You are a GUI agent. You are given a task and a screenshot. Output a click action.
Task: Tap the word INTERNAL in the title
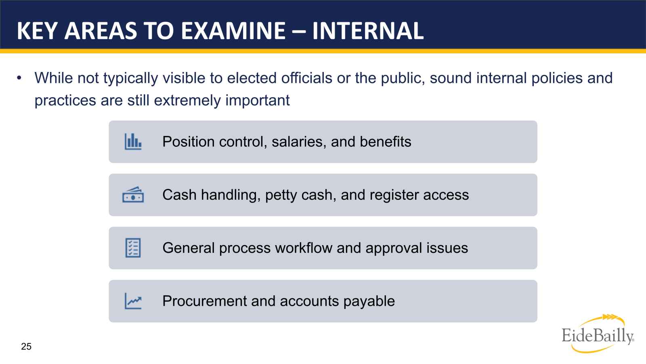[368, 31]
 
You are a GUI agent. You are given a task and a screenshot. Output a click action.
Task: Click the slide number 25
[26, 347]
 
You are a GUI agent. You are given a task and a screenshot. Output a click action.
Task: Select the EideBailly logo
[598, 335]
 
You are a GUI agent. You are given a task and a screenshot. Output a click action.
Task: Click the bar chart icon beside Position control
[133, 142]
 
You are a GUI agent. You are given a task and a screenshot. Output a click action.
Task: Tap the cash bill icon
[133, 195]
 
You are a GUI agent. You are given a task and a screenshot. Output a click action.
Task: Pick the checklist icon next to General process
[133, 248]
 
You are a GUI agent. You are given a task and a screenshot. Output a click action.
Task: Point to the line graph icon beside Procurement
[133, 301]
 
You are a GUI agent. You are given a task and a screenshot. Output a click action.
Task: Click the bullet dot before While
[19, 78]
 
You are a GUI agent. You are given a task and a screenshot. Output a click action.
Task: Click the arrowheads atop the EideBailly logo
[610, 317]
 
